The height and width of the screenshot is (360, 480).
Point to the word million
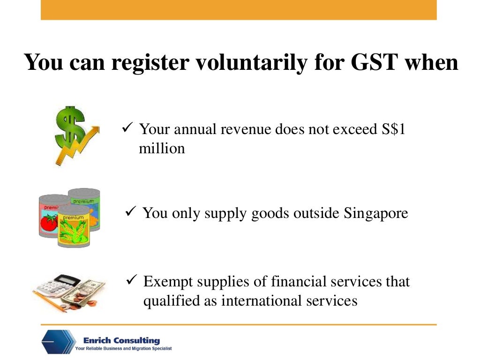click(x=162, y=149)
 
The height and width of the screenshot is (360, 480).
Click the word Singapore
click(x=376, y=213)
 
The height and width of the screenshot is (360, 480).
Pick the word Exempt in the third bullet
click(x=168, y=282)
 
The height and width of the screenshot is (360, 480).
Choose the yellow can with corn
click(x=73, y=230)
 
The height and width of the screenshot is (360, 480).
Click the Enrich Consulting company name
click(x=121, y=340)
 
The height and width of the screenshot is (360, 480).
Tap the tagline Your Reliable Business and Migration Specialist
click(x=124, y=349)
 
